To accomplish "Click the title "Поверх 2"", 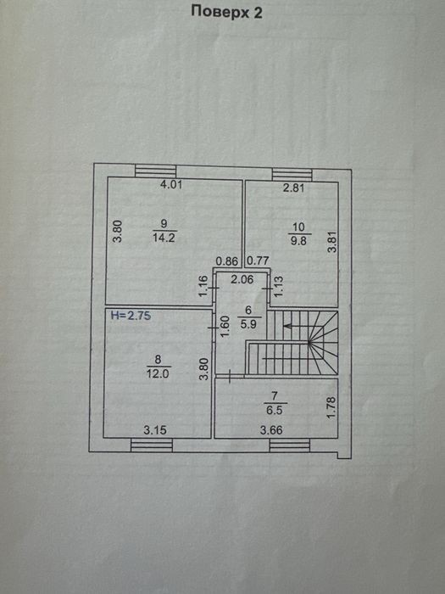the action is tap(226, 12).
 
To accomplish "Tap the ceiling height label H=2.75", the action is tap(131, 315).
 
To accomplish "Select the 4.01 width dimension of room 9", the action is tap(171, 184).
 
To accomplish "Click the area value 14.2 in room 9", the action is tap(164, 238).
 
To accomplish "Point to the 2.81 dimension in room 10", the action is tap(294, 188).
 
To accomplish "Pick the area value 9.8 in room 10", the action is tap(298, 240).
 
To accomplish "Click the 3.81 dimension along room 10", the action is tap(332, 242).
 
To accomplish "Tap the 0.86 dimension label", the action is tap(227, 261).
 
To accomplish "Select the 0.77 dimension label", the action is tap(258, 261).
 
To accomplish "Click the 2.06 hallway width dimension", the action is tap(242, 279).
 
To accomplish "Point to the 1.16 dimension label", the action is tap(203, 286).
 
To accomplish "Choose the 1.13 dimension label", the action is tap(279, 286).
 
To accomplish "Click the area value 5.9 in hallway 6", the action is tap(248, 325).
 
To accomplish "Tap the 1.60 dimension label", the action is tap(225, 327).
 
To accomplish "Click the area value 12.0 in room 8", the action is tap(159, 374).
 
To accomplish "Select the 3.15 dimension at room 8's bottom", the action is tap(155, 430).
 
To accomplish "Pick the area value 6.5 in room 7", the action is tap(275, 410).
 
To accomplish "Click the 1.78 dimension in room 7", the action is tap(331, 407).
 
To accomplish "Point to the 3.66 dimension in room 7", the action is tap(271, 430).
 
